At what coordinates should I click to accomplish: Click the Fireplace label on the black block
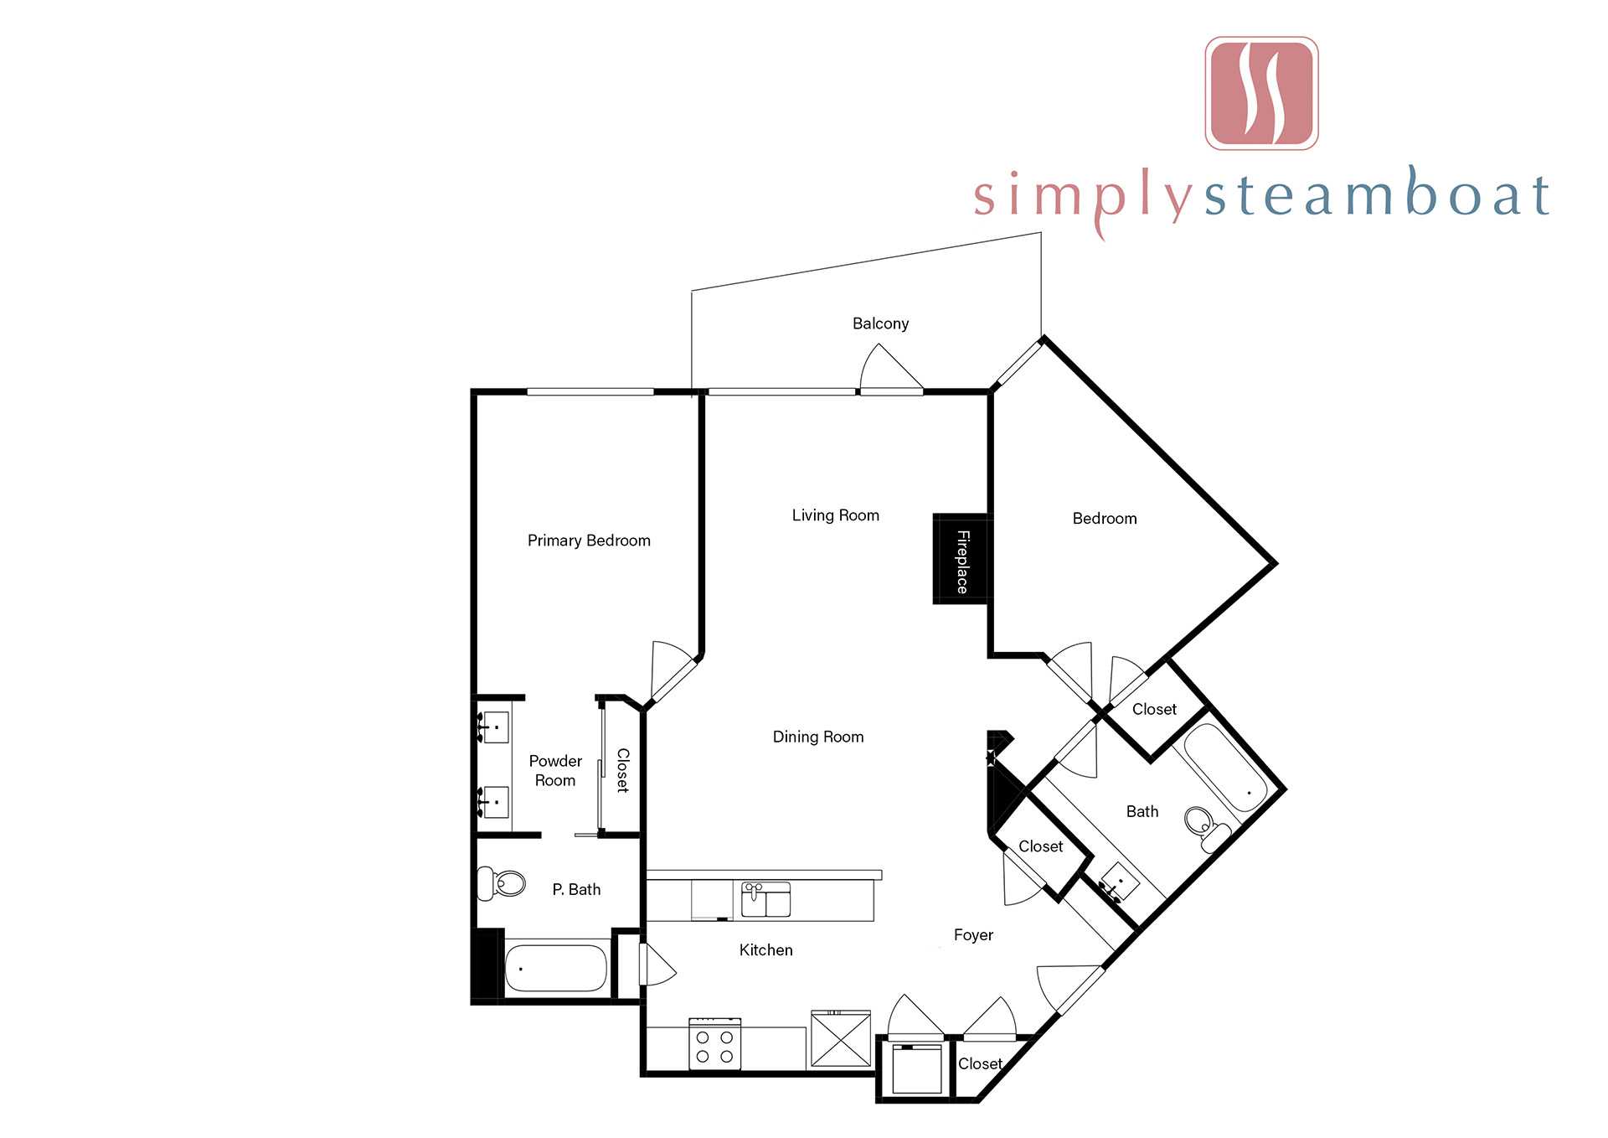pos(963,561)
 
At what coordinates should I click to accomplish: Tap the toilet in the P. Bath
pos(502,883)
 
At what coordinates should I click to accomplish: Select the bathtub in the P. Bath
pos(556,968)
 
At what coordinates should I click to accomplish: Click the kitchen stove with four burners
pos(714,1044)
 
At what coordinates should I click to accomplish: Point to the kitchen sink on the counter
pos(765,899)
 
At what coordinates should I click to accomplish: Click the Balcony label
pos(880,323)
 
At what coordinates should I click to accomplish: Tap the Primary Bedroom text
pos(589,541)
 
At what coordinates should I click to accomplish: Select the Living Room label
pos(836,515)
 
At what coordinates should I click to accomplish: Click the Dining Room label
pos(818,737)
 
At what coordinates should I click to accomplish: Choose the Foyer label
pos(973,935)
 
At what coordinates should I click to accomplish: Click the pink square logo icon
pos(1261,93)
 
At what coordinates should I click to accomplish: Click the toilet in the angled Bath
pos(1207,827)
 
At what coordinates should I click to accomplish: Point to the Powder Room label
pos(555,770)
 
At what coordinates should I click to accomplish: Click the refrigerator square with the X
pos(841,1040)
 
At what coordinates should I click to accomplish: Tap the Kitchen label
pos(765,950)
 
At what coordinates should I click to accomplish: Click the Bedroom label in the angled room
pos(1105,519)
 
